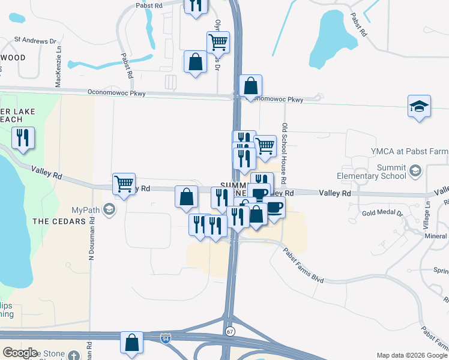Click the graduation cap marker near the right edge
pos(419,107)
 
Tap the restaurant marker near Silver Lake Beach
pos(23,139)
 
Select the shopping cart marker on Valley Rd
pos(124,184)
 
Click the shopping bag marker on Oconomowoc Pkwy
pos(250,86)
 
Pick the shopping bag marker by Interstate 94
pos(131,343)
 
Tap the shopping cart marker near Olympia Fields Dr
pos(217,43)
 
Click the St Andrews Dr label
pos(35,41)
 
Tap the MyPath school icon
pos(109,209)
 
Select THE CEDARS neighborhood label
pos(56,221)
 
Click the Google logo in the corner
pos(20,353)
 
